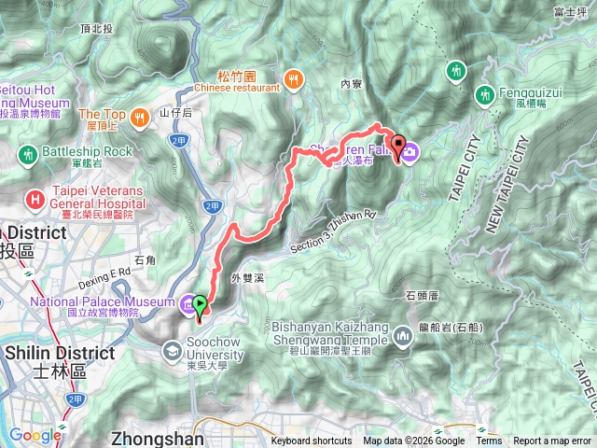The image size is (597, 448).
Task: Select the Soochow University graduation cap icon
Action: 173,351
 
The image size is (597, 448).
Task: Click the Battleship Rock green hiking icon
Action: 28,152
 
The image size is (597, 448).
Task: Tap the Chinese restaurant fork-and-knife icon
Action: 295,79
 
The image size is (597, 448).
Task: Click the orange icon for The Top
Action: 139,117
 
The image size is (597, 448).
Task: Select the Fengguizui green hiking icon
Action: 485,94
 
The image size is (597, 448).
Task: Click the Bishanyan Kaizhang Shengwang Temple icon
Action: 403,335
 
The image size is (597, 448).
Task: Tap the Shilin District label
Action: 61,354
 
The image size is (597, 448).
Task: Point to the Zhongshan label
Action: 154,436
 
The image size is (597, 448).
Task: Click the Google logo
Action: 35,435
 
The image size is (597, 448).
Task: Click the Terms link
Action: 489,441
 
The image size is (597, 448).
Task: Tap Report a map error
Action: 553,441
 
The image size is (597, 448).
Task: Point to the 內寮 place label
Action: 351,83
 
